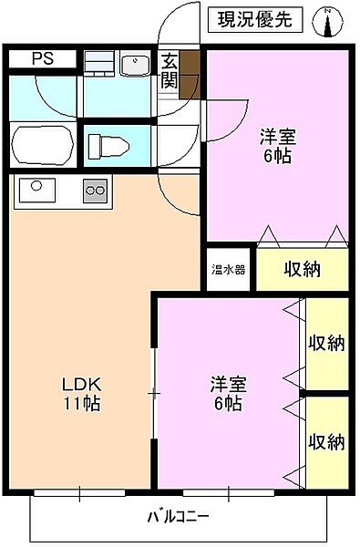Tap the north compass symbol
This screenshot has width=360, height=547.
point(327,21)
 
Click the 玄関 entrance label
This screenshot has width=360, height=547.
point(170,71)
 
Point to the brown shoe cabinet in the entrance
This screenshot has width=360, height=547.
point(190,74)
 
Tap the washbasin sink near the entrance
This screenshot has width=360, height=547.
point(136,65)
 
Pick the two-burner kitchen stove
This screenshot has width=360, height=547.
point(95,191)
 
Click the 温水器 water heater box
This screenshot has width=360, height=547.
point(228,270)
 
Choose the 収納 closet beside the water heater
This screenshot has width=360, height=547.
point(301,270)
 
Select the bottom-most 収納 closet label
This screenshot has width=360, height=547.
point(325,442)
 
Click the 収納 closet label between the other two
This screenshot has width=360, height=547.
point(325,344)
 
